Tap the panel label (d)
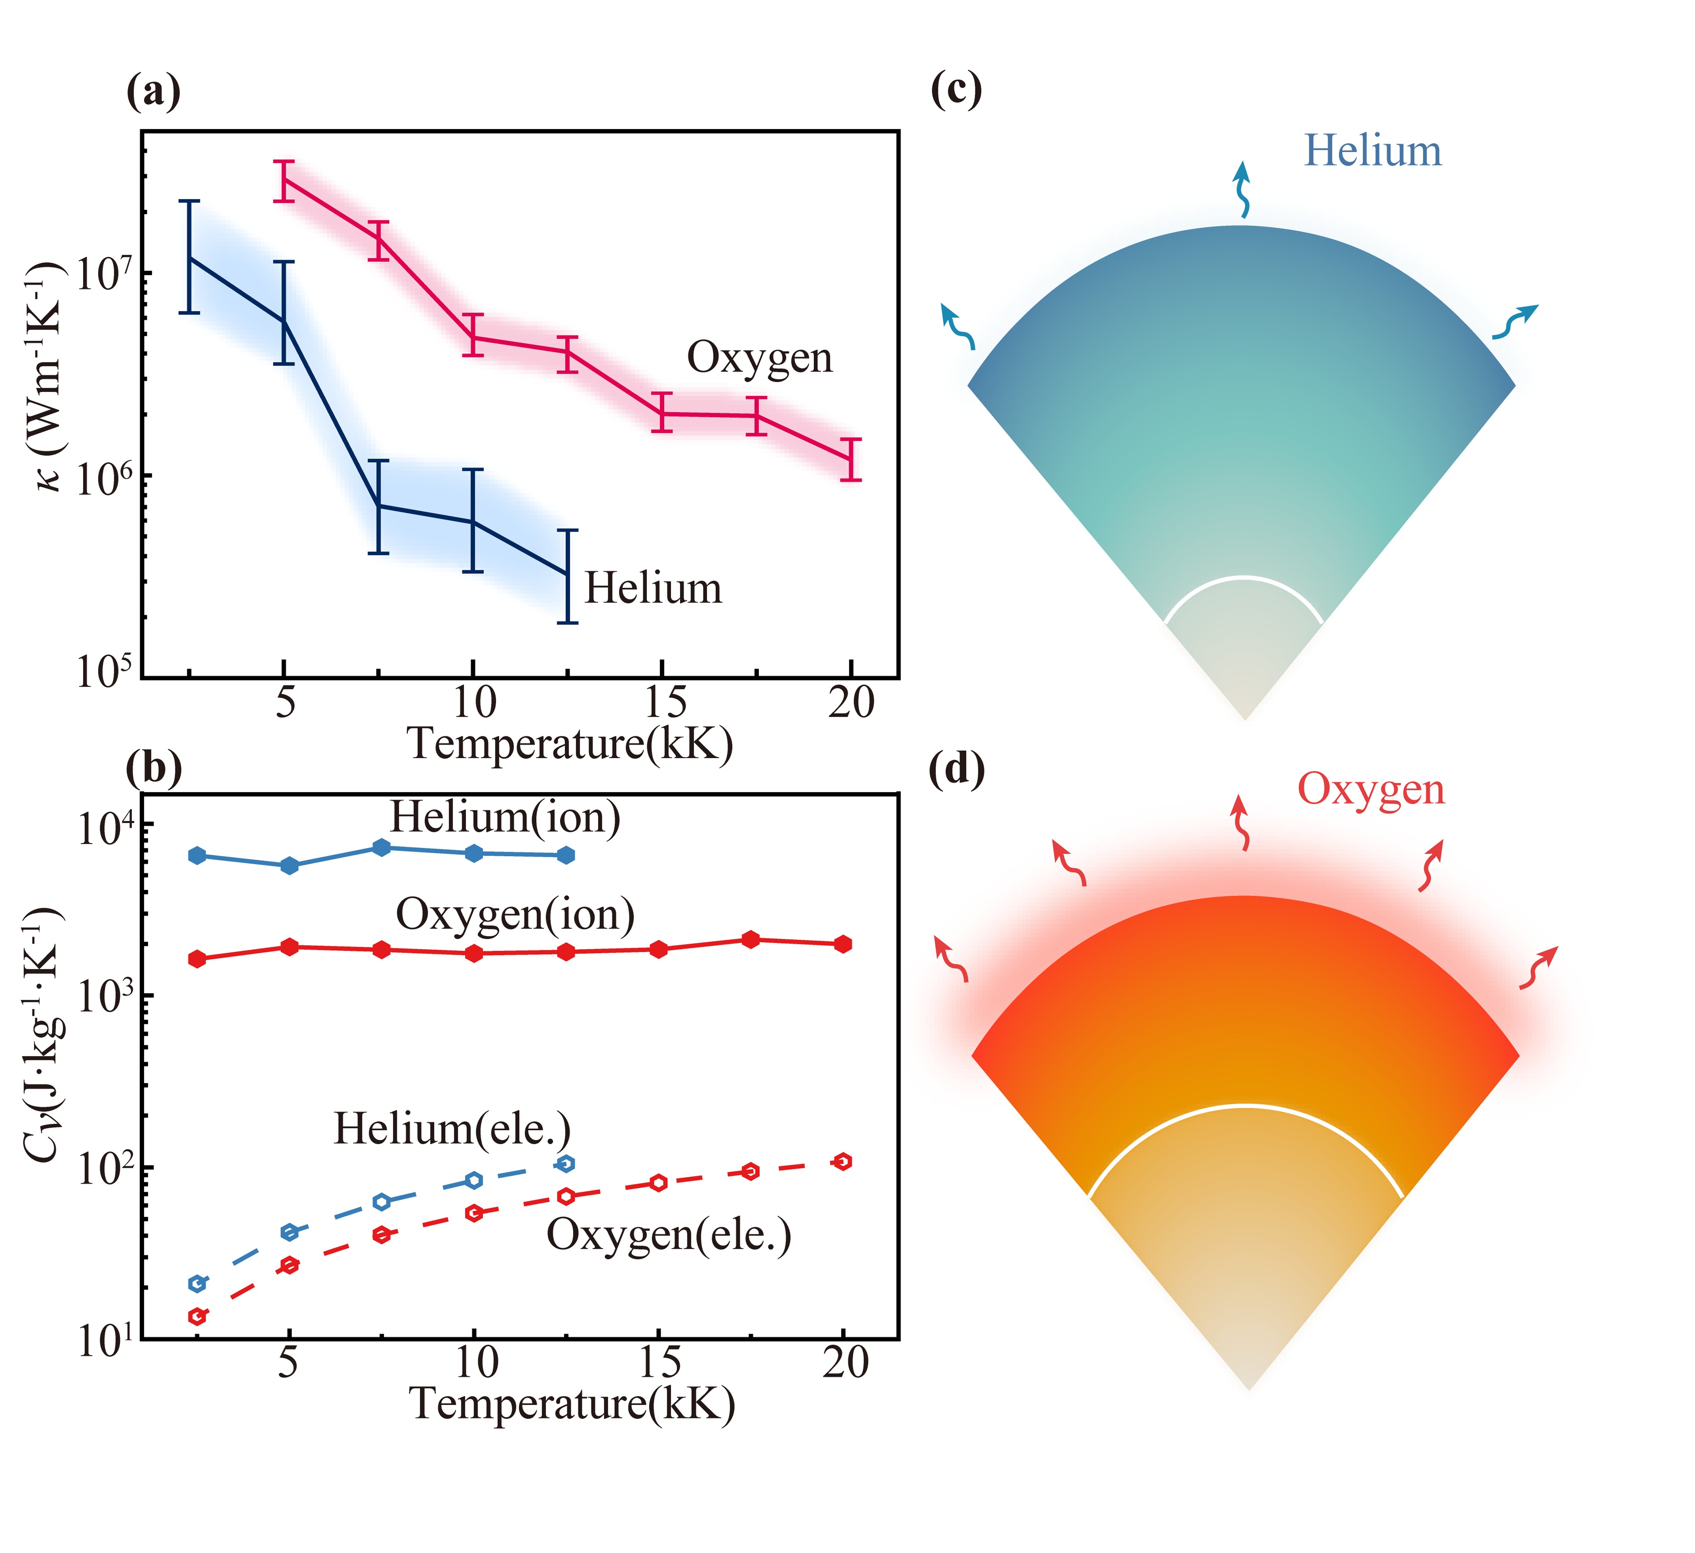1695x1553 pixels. coord(957,771)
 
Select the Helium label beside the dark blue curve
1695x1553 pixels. coord(653,588)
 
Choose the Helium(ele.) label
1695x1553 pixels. coord(452,1129)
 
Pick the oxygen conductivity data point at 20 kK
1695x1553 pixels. coord(851,459)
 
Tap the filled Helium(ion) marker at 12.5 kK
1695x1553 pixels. coord(567,855)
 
